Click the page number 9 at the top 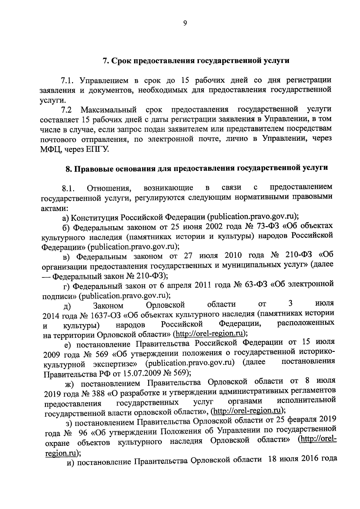pos(185,23)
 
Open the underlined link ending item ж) pos(247,411)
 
